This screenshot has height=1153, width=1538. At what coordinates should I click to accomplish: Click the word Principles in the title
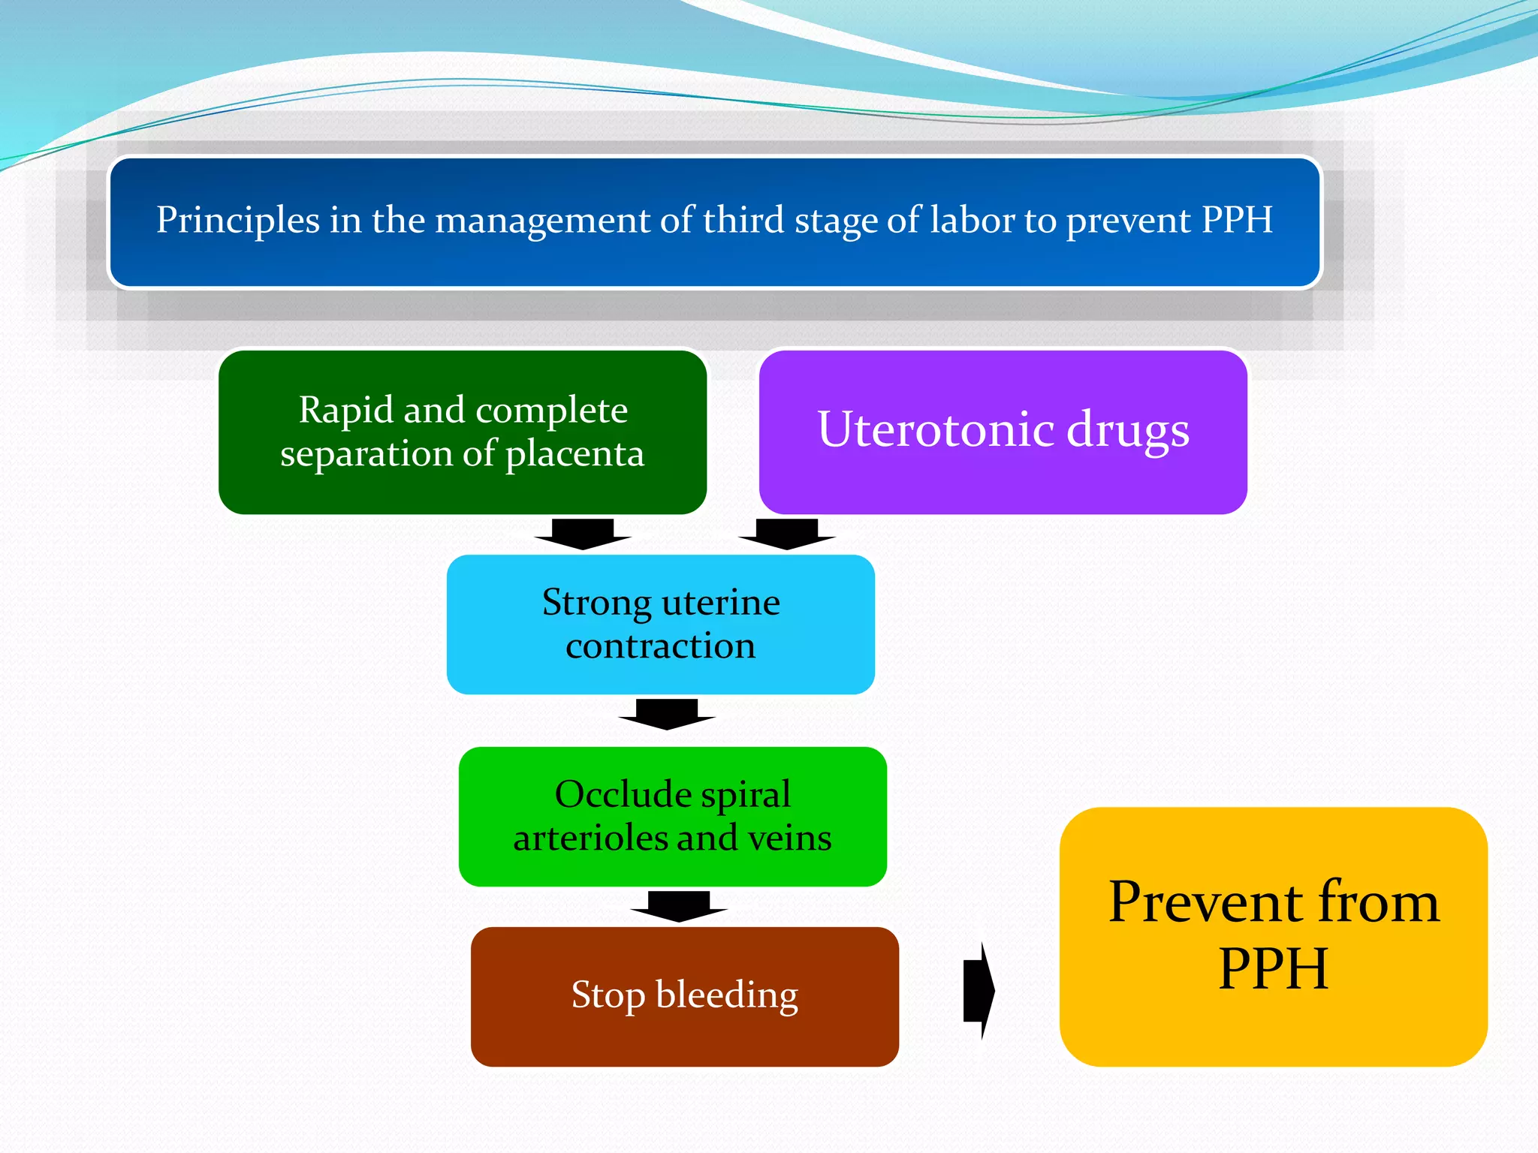tap(237, 221)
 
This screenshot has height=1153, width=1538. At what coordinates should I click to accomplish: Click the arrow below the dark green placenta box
tap(583, 534)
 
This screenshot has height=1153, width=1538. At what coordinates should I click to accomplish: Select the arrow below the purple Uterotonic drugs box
tap(787, 534)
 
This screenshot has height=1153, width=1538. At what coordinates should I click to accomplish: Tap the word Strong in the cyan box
tap(596, 604)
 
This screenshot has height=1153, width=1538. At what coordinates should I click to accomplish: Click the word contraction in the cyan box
tap(660, 646)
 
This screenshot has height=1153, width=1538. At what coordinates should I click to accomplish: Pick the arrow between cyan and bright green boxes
tap(667, 714)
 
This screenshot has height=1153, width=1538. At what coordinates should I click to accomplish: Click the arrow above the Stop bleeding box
tap(679, 906)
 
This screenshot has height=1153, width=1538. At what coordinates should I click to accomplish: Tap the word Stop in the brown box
tap(608, 995)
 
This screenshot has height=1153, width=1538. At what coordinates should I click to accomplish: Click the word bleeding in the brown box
tap(726, 995)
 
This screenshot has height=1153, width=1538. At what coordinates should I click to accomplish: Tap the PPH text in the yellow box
tap(1273, 969)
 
